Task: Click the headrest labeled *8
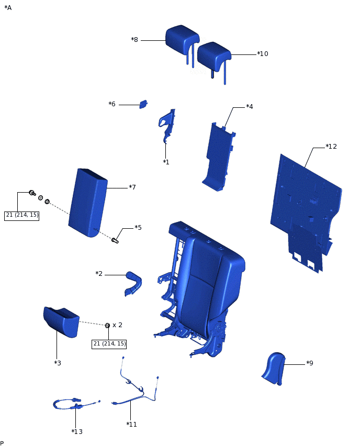pos(182,39)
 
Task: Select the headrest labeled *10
pos(213,54)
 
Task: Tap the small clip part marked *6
pos(143,104)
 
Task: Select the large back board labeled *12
pos(306,204)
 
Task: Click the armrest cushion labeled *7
pos(87,202)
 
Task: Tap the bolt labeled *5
pos(115,240)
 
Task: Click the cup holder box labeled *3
pos(61,320)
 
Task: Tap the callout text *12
pos(331,147)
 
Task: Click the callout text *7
pos(132,187)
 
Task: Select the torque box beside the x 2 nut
pos(109,344)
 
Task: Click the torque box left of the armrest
pos(21,215)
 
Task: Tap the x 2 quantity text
pos(117,325)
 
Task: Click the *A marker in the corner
pos(8,8)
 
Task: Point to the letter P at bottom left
pos(2,443)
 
